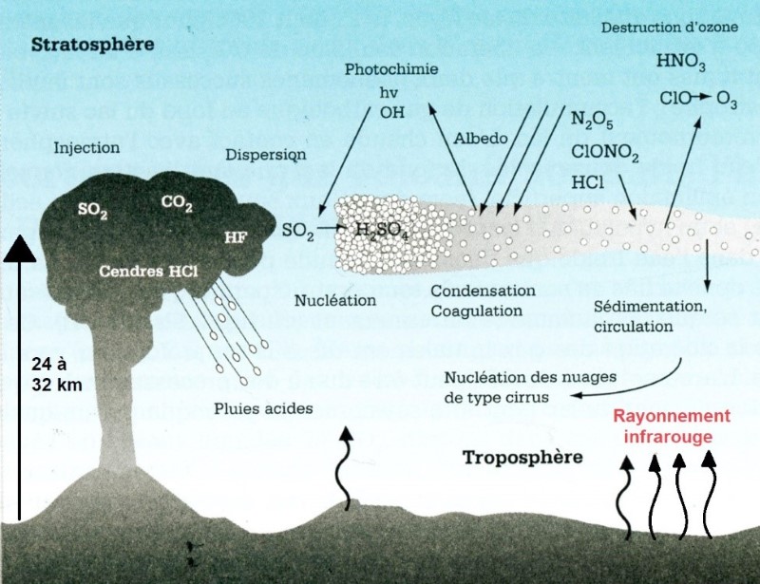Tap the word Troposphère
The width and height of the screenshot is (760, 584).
coord(522,457)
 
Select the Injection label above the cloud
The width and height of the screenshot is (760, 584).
coord(87,147)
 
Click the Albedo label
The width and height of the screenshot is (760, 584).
coord(484,138)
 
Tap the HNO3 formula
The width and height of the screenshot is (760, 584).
coord(681,63)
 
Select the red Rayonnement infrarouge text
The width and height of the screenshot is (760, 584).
coord(672,425)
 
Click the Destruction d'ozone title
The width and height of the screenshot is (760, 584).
coord(669,28)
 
